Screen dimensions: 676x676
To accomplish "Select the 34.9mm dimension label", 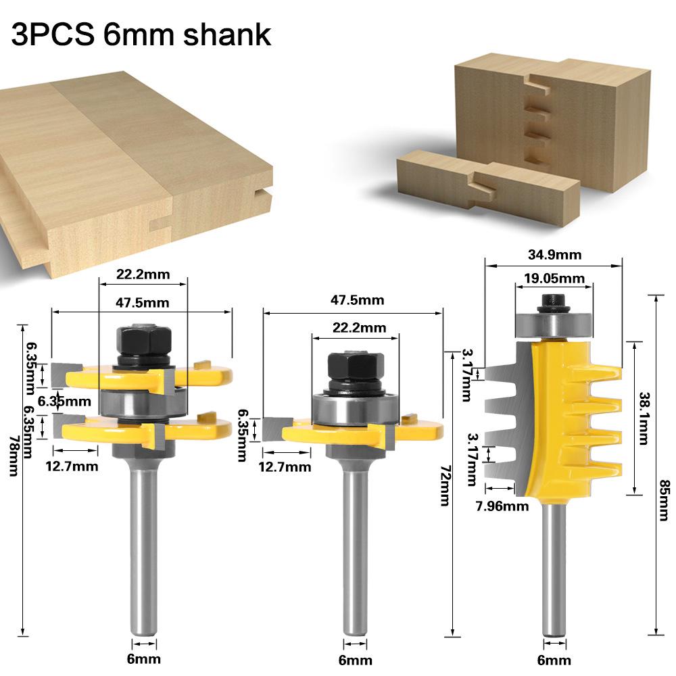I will point(554,255).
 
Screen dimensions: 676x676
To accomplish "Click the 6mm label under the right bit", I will point(554,660).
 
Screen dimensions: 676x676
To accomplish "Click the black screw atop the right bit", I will point(553,301).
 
